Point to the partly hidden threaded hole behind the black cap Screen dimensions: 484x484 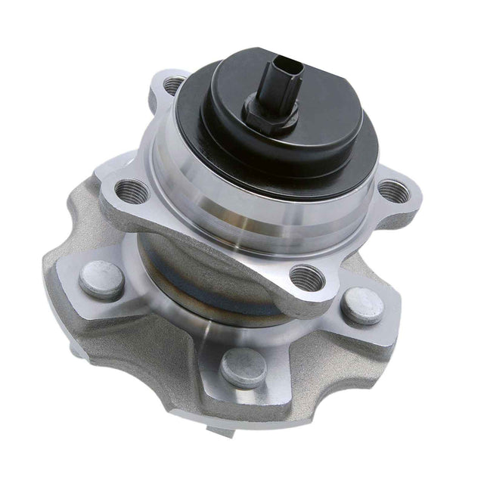tap(173, 85)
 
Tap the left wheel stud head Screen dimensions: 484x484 tap(101, 279)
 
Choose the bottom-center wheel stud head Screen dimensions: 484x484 tap(244, 368)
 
